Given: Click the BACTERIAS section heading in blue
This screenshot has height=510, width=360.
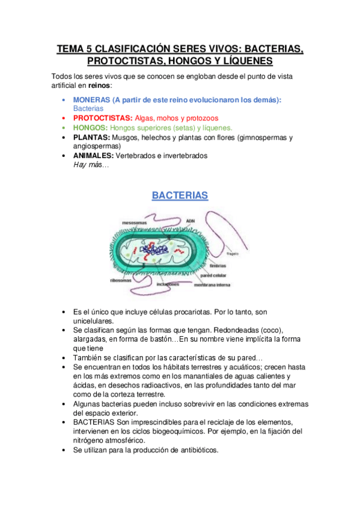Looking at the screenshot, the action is click(x=180, y=195).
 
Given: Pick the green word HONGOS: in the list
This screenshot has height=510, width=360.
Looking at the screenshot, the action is click(x=90, y=128).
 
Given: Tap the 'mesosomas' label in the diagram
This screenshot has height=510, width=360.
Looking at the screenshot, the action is click(x=134, y=222).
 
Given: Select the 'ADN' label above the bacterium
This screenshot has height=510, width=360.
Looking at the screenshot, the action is click(x=191, y=221).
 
